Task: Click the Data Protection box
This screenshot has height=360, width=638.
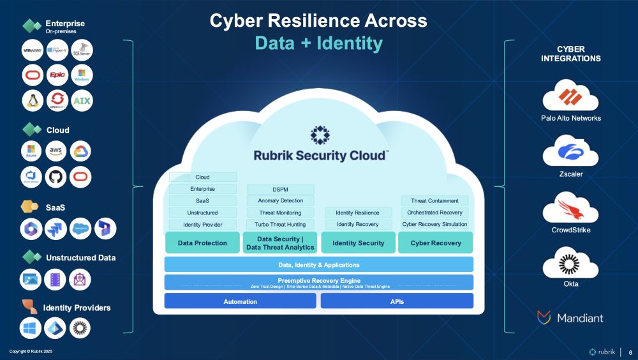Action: pos(202,243)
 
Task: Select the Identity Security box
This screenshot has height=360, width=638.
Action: pos(358,243)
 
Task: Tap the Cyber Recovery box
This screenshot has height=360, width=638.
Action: pos(436,243)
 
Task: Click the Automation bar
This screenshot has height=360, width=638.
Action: pos(240,301)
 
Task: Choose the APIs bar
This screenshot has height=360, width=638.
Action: pos(397,301)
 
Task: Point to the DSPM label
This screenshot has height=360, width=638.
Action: pos(280,189)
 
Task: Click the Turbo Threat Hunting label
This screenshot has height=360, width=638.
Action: pos(280,224)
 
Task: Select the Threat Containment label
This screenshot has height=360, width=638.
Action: pos(434,200)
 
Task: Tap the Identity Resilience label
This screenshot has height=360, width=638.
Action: pos(358,213)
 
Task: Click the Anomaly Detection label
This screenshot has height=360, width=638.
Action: pos(280,200)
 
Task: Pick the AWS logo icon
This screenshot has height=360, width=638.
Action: pos(57,151)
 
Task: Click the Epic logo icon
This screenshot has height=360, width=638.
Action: pos(57,75)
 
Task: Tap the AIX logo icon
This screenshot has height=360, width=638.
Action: pos(81,101)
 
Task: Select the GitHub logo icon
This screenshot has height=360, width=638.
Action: pos(57,177)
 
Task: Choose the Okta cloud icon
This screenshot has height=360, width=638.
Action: pos(570,264)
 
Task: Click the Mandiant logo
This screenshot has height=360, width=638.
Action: pos(570,317)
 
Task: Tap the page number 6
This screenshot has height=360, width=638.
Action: pos(630,352)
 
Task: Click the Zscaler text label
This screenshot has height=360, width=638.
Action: pos(570,174)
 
